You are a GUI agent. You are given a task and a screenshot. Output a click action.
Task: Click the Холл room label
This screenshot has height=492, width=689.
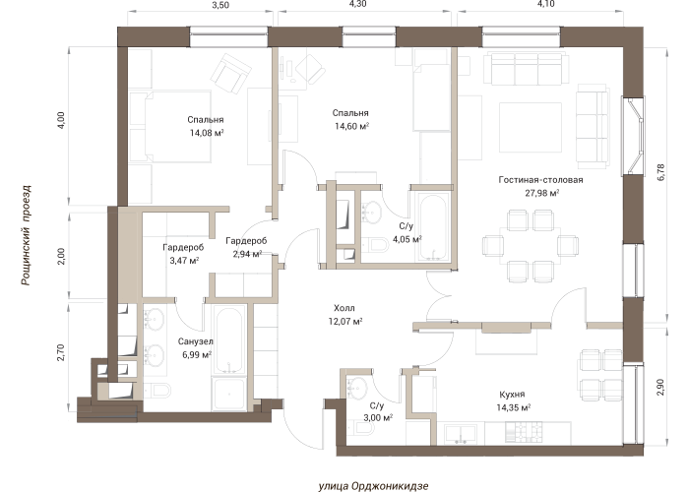pyautogui.click(x=344, y=308)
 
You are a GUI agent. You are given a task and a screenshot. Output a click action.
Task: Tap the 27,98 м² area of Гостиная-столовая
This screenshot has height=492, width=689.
pyautogui.click(x=541, y=193)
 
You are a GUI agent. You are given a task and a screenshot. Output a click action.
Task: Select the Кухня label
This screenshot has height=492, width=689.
pyautogui.click(x=512, y=394)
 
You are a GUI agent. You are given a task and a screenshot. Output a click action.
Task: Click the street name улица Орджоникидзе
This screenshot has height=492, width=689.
pyautogui.click(x=373, y=486)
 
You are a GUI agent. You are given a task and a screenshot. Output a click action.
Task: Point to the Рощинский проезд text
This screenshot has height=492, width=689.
pyautogui.click(x=27, y=235)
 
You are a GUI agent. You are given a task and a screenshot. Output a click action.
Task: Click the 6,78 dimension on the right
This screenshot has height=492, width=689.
pyautogui.click(x=661, y=172)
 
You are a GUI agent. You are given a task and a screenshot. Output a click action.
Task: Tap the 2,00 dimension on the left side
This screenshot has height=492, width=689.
pyautogui.click(x=61, y=256)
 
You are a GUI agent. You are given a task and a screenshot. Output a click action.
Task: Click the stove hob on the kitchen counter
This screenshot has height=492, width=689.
pyautogui.click(x=524, y=433)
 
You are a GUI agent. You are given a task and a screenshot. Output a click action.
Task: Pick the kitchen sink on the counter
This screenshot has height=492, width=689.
pyautogui.click(x=461, y=434)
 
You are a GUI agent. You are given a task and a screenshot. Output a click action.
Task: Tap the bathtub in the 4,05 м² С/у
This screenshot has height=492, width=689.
pyautogui.click(x=433, y=227)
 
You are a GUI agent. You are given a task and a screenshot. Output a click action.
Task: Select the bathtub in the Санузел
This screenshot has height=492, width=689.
pyautogui.click(x=229, y=340)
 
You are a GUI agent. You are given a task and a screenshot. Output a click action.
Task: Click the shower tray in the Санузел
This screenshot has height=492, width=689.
pyautogui.click(x=229, y=394)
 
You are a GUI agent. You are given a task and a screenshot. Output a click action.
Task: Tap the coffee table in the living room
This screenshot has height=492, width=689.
pyautogui.click(x=531, y=127)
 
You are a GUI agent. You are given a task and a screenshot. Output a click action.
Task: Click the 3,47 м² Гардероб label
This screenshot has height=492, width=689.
pyautogui.click(x=184, y=254)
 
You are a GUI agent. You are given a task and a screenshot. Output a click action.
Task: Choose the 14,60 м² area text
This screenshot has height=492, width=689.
pyautogui.click(x=351, y=127)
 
